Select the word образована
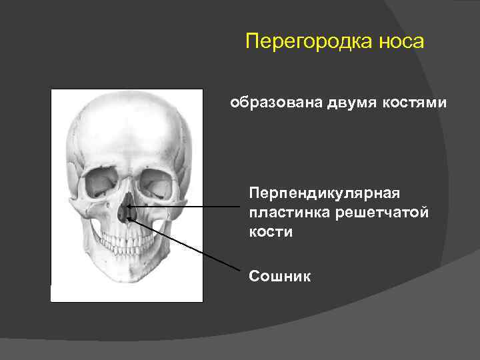(x=273, y=103)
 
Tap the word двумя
(x=350, y=103)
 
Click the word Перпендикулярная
(x=324, y=193)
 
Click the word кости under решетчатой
(x=271, y=232)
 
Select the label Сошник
(x=279, y=275)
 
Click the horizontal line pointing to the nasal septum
(x=187, y=207)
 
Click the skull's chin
(x=127, y=280)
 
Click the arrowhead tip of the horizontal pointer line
(x=127, y=207)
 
